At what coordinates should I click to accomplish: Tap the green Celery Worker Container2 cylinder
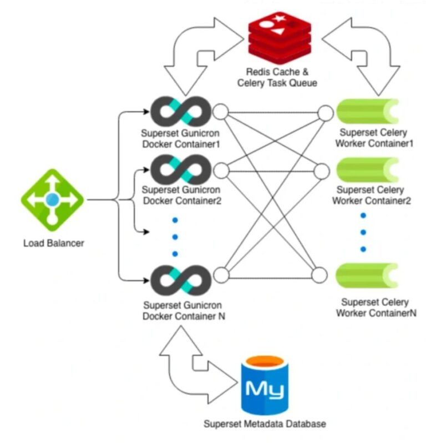tap(367, 170)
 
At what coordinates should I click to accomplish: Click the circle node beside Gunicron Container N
tap(221, 275)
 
